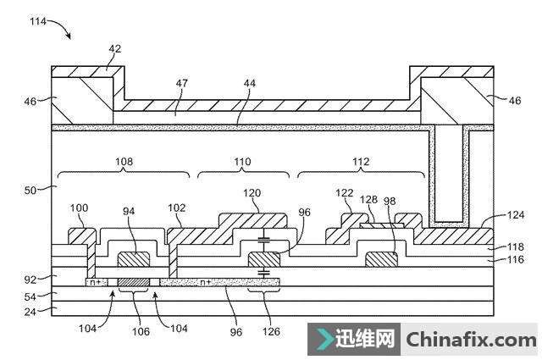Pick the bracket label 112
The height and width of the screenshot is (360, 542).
pos(359,158)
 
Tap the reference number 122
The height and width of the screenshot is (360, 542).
pos(345,193)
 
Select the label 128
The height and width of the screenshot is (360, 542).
pos(369,200)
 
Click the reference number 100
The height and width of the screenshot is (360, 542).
pos(78,208)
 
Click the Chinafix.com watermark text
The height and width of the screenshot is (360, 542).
pos(472,341)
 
